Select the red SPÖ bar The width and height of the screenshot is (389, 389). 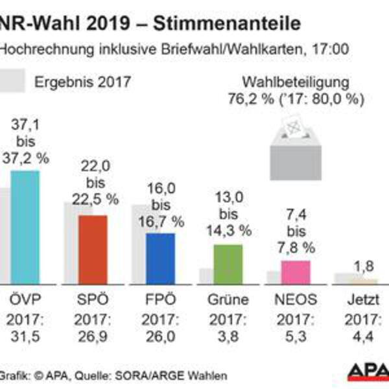coord(92,250)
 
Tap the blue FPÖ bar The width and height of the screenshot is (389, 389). coord(160,258)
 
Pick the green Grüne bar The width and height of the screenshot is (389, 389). coord(228,264)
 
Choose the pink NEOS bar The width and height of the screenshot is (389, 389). coord(296,272)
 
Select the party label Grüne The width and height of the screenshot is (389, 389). coord(228,300)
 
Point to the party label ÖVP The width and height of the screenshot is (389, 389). coord(24,300)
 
